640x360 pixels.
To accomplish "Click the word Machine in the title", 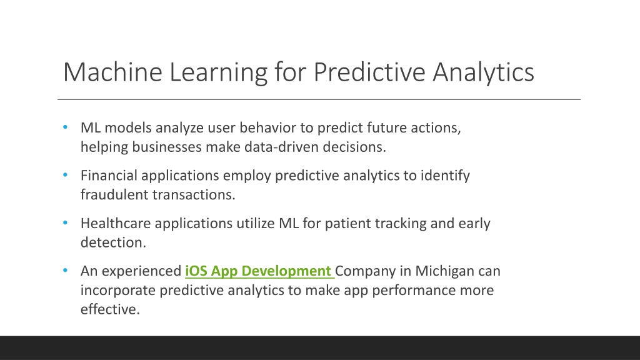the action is coord(112,72).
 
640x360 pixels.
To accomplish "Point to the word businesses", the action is coord(166,147).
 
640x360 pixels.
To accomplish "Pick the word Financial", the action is coord(109,176).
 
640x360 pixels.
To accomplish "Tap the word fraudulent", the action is coord(114,195).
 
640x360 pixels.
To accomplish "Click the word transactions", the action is coord(194,195).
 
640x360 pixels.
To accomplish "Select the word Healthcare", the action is coord(116,223).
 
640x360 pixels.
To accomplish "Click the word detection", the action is coord(113,242).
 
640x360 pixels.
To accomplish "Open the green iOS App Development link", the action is coord(259,271).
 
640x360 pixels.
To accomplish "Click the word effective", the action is coord(110,309).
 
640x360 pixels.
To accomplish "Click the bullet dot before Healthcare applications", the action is coord(65,223).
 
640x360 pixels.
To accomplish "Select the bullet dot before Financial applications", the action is coord(65,175).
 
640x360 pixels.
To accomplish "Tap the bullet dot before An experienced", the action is coord(65,271).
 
